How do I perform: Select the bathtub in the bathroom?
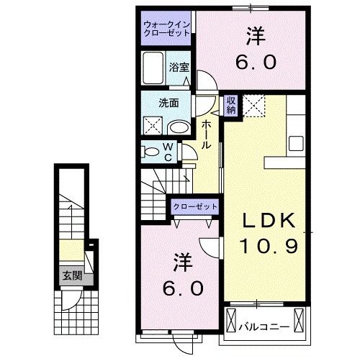point(153,69)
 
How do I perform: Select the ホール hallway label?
point(206,134)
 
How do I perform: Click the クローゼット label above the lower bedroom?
point(194,206)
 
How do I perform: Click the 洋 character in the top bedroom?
point(256,35)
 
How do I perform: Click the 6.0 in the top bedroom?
point(256,62)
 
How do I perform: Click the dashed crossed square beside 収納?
point(253,106)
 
